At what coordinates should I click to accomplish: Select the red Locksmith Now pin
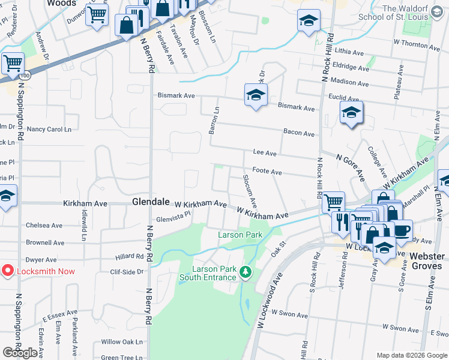8,271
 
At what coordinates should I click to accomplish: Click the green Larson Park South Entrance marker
245,272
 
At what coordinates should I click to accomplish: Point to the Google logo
20,353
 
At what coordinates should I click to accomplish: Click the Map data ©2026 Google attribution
411,355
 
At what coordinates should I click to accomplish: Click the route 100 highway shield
24,76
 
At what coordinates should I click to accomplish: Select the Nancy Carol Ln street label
49,129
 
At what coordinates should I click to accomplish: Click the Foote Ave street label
267,172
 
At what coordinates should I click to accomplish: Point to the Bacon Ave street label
300,133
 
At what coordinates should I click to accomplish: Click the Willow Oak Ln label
122,341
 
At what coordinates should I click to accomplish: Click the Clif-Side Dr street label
128,271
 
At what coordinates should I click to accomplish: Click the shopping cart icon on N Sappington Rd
11,63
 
